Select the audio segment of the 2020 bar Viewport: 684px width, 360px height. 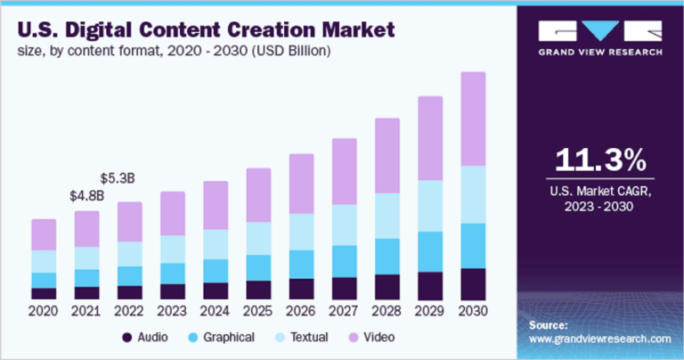[x=44, y=293]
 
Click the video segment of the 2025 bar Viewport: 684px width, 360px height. [x=258, y=194]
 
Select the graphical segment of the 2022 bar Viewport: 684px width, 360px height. [x=129, y=275]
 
